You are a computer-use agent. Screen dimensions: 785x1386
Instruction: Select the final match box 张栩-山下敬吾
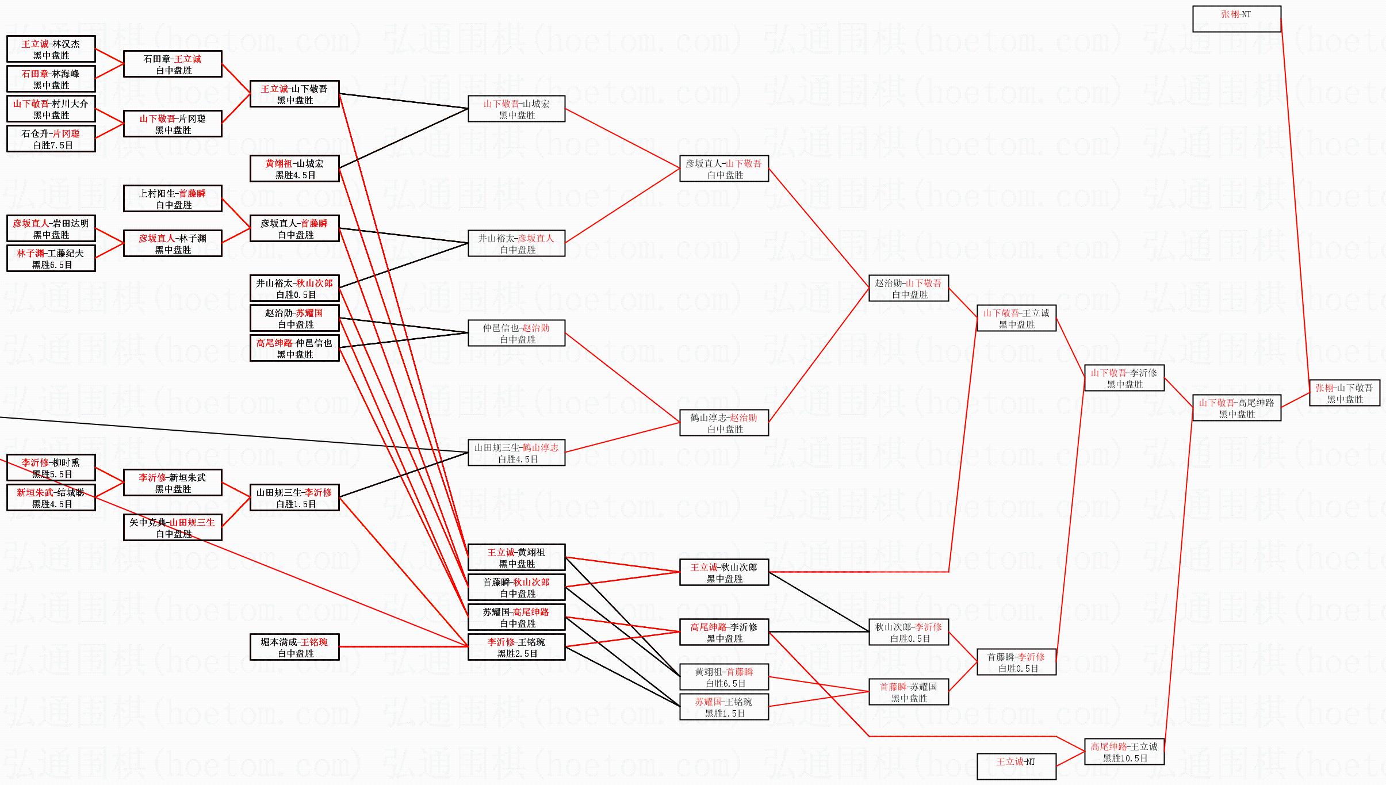tap(1344, 393)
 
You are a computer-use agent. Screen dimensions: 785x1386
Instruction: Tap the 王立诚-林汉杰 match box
tap(51, 49)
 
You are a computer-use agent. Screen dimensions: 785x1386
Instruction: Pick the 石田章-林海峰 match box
tap(51, 79)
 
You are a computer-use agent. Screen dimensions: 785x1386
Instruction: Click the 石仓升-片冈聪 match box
tap(51, 139)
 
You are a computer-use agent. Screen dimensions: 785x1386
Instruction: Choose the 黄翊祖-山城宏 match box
tap(294, 169)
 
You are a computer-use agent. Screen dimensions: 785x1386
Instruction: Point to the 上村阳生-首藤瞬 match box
tap(173, 198)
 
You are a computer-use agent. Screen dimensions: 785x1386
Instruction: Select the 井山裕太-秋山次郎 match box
tap(294, 288)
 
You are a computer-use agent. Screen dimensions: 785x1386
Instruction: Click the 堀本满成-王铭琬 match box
tap(294, 647)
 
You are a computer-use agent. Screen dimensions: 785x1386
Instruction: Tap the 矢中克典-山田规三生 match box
tap(173, 527)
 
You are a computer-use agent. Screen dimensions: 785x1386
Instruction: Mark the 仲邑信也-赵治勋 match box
tap(516, 333)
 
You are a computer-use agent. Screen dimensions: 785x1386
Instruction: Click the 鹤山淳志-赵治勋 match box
tap(724, 423)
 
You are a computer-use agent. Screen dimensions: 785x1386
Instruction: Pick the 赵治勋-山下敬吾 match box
tap(908, 288)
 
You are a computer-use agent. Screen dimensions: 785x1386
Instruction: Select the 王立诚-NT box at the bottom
tap(1016, 767)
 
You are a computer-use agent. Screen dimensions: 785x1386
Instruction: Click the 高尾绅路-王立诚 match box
tap(1124, 752)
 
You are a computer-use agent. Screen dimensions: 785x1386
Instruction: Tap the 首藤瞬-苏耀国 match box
tap(908, 692)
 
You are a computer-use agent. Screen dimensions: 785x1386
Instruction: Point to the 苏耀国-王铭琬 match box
tap(724, 707)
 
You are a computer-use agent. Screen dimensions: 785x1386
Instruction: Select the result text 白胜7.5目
tap(53, 145)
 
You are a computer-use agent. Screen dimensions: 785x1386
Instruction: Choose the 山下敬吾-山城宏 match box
tap(516, 109)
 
